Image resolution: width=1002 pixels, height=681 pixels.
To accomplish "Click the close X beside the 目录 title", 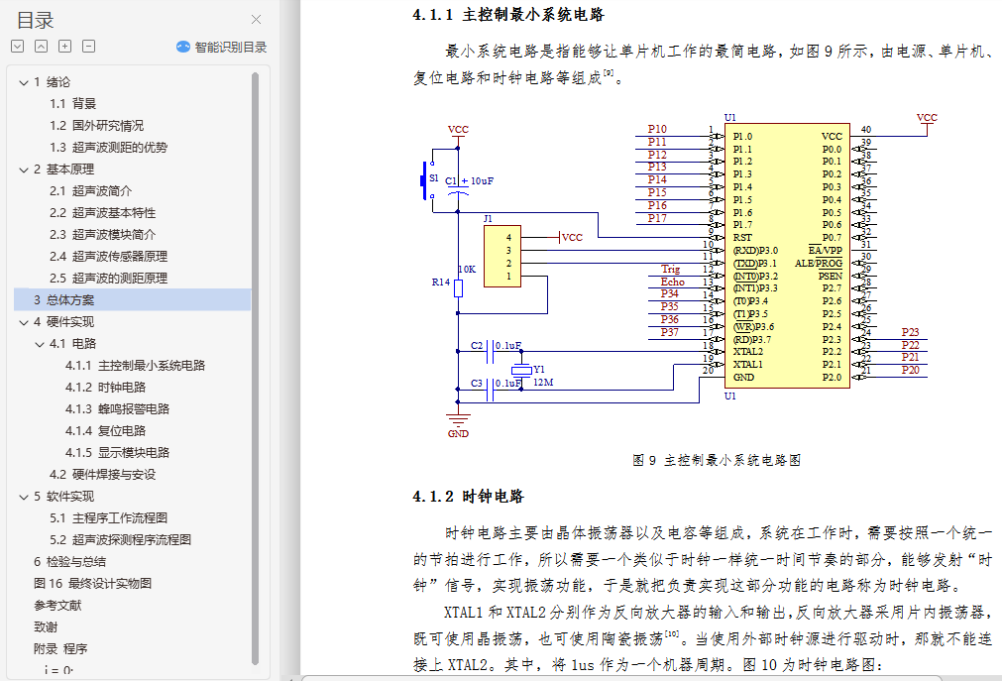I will click(256, 20).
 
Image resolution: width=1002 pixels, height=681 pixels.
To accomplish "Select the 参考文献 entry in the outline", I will click(57, 605).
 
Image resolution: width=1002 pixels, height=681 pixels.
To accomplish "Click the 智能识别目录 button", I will click(222, 47).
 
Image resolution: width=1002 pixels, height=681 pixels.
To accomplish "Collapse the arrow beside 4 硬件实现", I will click(24, 321).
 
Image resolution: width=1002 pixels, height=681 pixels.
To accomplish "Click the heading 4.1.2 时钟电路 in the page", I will click(468, 497).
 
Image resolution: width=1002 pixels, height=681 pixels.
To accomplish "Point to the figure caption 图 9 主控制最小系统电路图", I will click(716, 460).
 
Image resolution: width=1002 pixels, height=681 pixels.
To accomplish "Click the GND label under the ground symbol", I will click(458, 433).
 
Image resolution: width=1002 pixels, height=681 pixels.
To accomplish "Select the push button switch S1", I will click(429, 180).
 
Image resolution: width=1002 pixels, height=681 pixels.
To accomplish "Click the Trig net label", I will click(671, 269).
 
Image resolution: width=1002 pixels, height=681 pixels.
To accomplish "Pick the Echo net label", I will click(672, 282).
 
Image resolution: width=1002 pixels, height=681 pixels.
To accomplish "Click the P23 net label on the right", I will click(910, 332).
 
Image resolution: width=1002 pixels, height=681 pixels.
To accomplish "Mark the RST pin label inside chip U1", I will click(742, 238).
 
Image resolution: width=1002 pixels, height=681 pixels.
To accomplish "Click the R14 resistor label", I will click(441, 283).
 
